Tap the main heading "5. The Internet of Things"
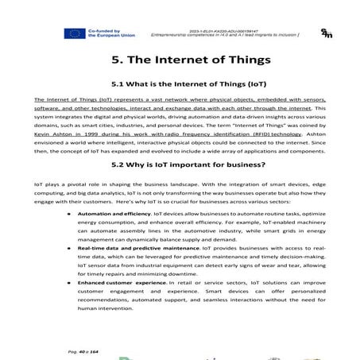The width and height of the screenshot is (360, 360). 180,60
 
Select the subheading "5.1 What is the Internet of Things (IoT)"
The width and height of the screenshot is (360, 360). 180,84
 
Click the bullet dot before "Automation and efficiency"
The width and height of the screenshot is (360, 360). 69,215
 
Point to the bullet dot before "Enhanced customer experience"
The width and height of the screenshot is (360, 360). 69,282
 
